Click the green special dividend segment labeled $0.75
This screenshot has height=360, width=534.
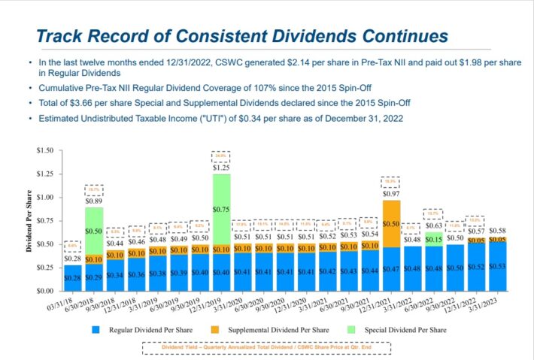220,209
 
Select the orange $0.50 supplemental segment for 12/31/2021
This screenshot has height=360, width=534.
391,223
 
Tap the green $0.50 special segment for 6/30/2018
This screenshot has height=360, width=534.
94,231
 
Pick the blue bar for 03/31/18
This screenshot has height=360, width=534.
73,277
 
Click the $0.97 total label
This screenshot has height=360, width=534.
391,194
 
